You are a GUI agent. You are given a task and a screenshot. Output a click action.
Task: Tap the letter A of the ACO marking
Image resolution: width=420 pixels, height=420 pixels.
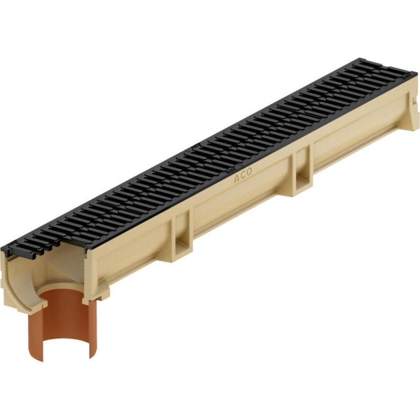pos(237,178)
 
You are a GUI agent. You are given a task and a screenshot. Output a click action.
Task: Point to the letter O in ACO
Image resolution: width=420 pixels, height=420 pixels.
pos(249,172)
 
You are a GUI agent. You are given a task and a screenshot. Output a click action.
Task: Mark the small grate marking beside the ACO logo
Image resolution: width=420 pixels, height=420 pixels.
pos(228,170)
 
